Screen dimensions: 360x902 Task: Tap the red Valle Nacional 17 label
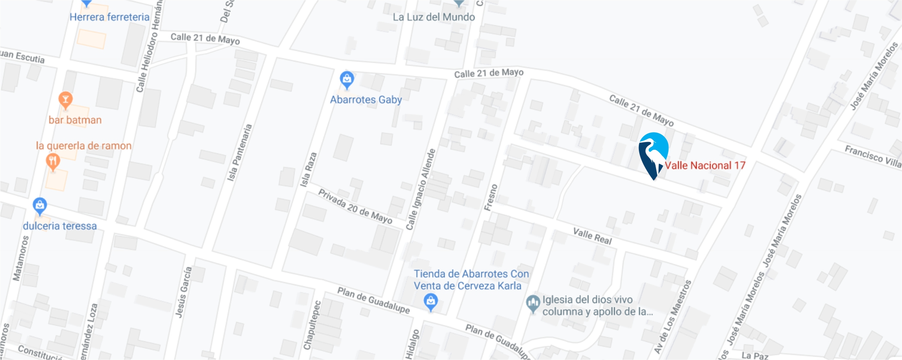click(x=705, y=166)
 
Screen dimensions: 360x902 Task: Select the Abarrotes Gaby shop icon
click(x=347, y=79)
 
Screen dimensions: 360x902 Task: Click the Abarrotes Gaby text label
click(x=366, y=100)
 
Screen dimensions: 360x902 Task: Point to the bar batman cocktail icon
click(x=65, y=100)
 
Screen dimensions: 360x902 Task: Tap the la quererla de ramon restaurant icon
click(x=53, y=162)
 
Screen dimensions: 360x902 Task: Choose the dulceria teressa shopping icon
click(x=40, y=206)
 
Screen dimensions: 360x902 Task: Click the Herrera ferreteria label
click(x=109, y=17)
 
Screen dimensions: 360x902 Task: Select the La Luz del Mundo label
click(x=434, y=17)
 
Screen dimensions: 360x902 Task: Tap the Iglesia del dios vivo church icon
click(x=533, y=303)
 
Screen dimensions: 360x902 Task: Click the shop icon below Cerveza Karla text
click(x=431, y=301)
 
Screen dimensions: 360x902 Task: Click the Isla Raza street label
click(x=308, y=169)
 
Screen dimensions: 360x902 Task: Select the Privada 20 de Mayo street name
click(x=355, y=207)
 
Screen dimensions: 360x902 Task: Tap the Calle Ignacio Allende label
click(x=421, y=189)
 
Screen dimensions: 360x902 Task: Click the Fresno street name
click(x=491, y=197)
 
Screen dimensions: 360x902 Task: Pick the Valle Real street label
click(x=592, y=236)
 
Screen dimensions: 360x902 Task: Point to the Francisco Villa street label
click(x=872, y=156)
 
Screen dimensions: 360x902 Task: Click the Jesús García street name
click(x=183, y=292)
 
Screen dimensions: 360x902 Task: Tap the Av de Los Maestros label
click(x=672, y=317)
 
